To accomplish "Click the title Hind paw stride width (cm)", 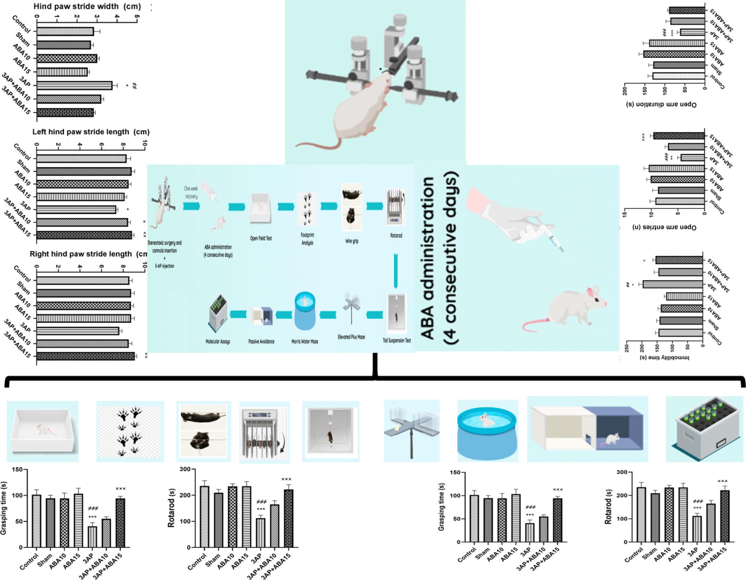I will tap(87, 6).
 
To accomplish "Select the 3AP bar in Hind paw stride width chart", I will tap(74, 85).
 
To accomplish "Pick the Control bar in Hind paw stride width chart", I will tap(65, 31).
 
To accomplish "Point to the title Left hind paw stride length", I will tap(91, 132).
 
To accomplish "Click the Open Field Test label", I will tap(261, 238).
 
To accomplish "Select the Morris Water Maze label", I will tap(305, 342).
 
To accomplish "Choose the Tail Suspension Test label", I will tap(397, 340).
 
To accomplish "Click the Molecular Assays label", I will tap(218, 342).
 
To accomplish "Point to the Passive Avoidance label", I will tap(261, 342).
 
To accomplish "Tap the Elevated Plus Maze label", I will tap(351, 337).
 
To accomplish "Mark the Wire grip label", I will tap(352, 241).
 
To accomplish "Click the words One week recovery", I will tap(191, 192).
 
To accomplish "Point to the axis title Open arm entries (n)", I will tap(664, 227).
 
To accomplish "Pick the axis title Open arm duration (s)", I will tap(661, 104).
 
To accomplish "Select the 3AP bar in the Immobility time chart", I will tap(673, 284).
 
